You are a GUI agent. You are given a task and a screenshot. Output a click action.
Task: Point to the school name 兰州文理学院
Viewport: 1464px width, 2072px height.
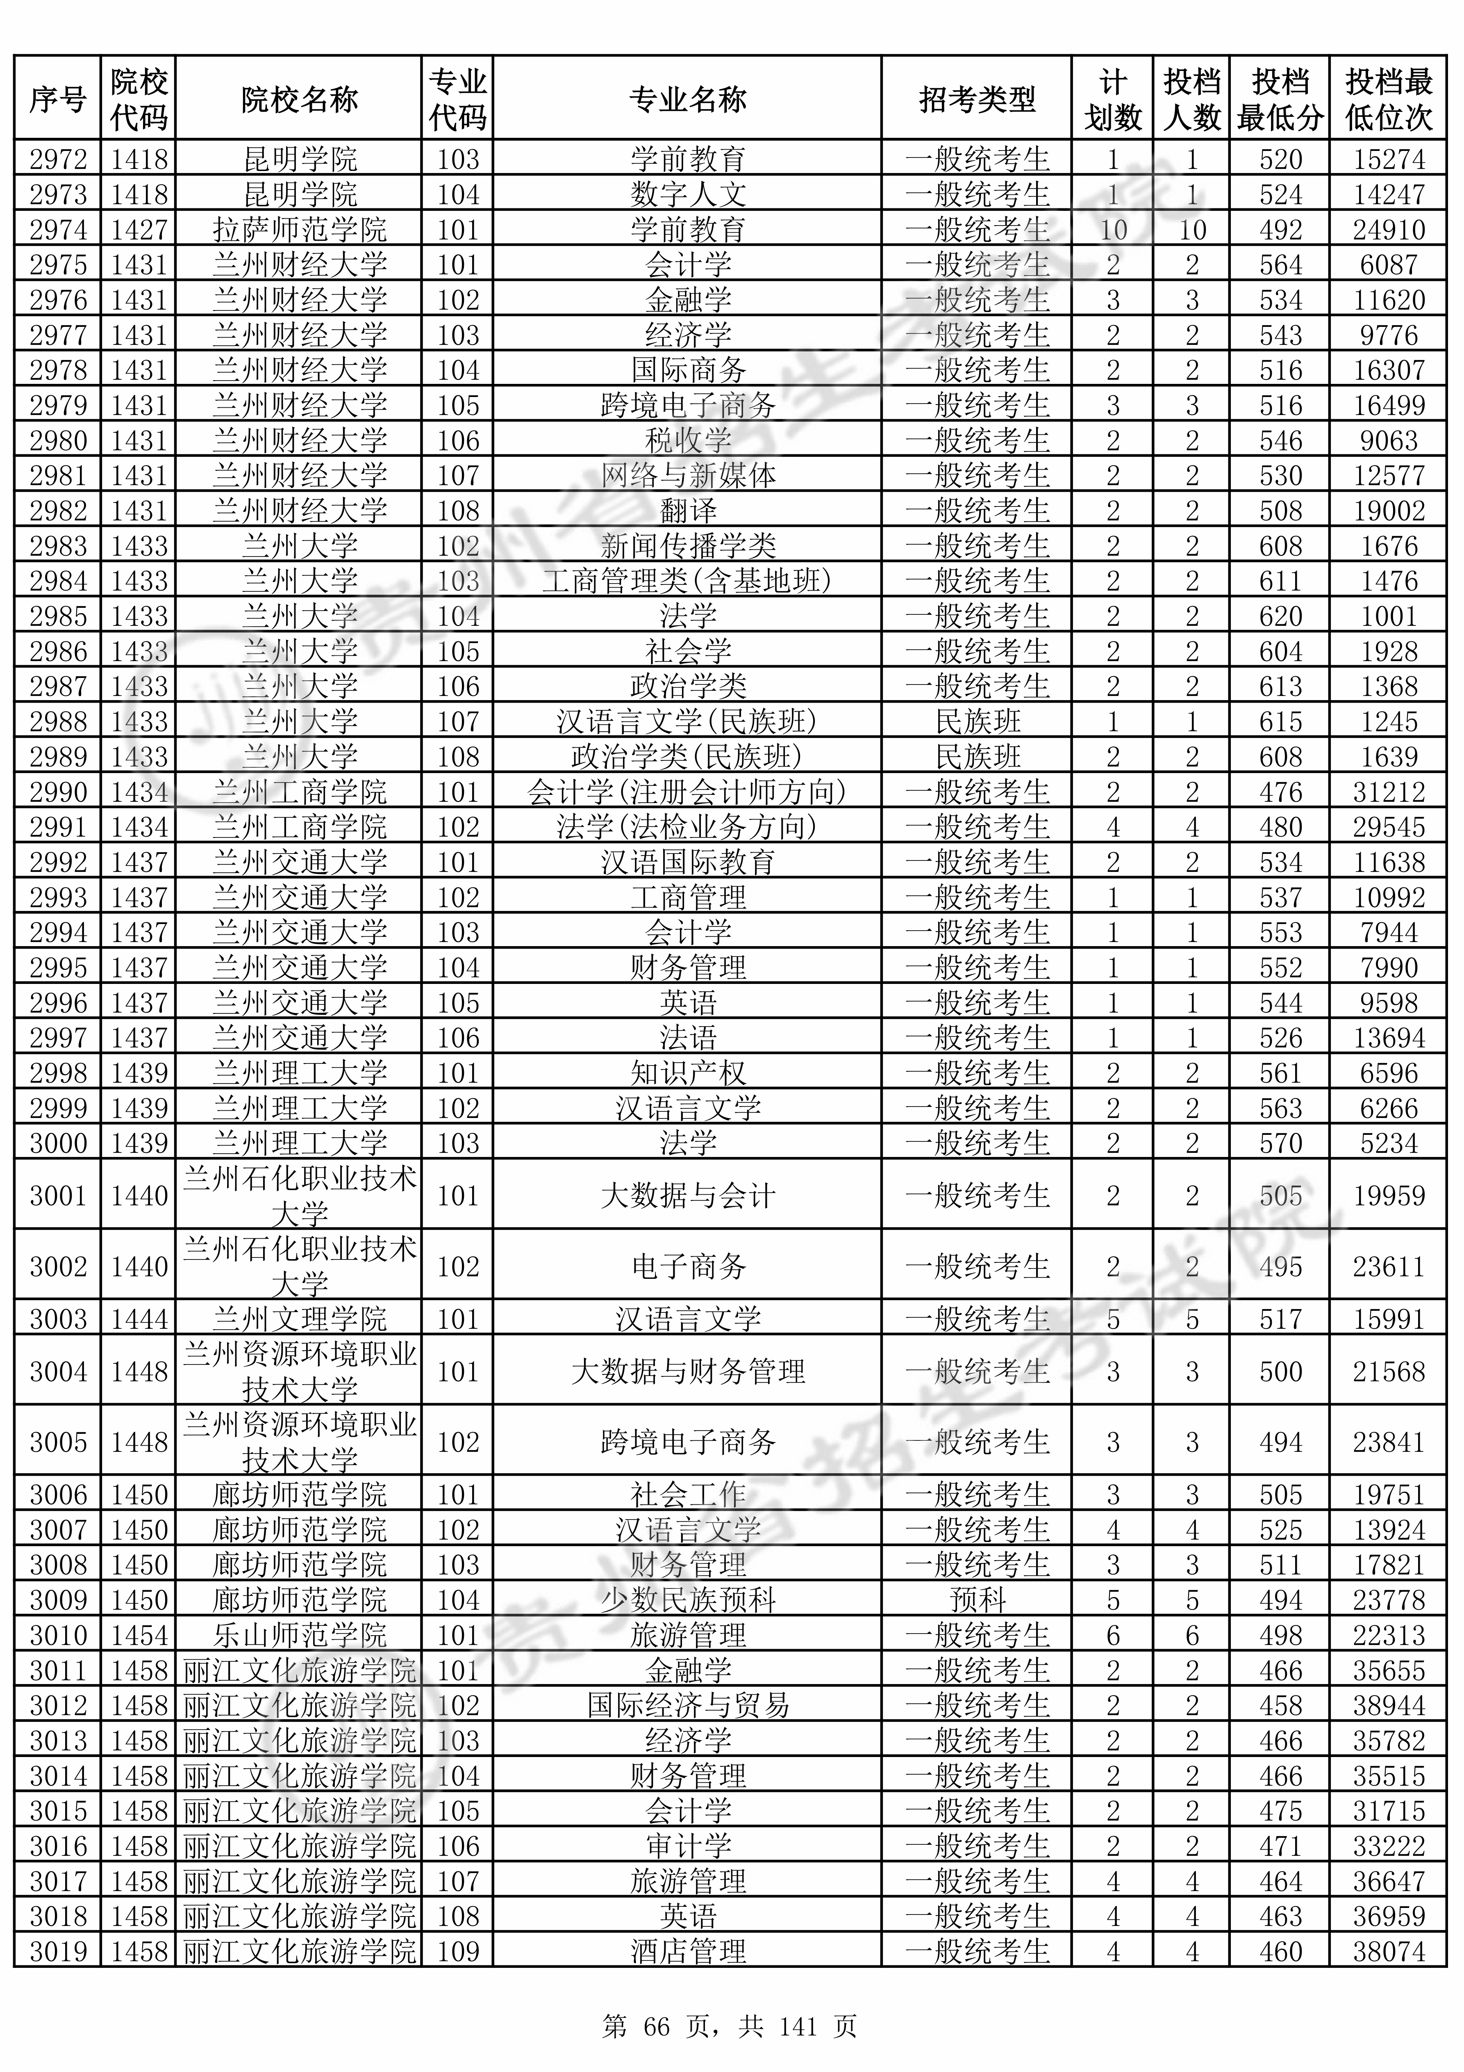300,1319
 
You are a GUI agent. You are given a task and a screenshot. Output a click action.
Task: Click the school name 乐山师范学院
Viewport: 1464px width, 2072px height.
300,1635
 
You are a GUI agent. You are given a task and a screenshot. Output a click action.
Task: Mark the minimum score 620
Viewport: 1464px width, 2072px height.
1280,616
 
